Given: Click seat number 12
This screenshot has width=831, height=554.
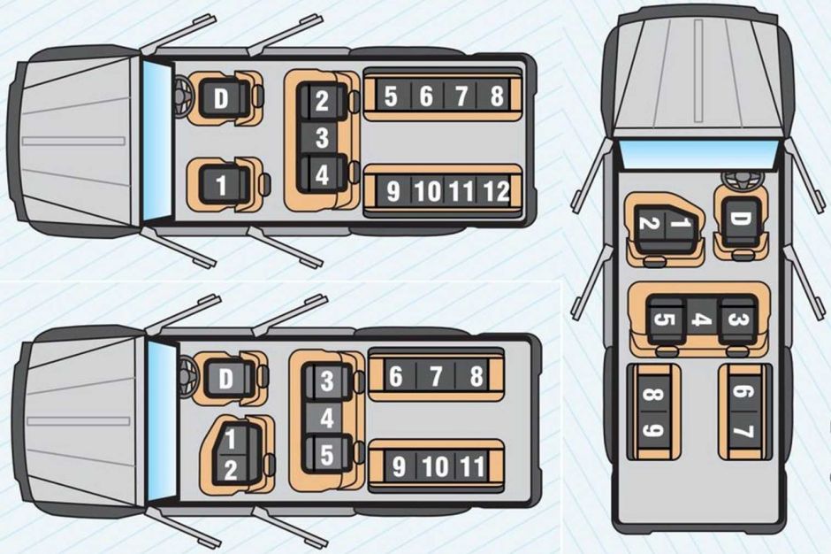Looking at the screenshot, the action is [x=496, y=191].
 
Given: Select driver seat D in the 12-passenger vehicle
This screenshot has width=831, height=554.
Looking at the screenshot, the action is [x=221, y=99].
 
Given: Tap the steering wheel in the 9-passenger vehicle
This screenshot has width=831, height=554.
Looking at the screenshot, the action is [x=741, y=180].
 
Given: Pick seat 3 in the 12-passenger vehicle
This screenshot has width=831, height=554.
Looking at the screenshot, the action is [x=322, y=137].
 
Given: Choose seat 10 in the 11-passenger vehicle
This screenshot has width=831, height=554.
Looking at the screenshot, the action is [x=436, y=467].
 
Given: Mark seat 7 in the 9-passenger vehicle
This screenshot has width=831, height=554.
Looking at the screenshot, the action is [x=743, y=429].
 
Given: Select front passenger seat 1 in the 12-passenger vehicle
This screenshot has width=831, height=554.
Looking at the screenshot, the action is [x=222, y=185].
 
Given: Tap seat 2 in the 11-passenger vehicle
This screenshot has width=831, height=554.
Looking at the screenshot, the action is [x=231, y=470].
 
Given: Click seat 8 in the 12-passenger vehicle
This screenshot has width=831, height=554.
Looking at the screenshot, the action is [x=496, y=96].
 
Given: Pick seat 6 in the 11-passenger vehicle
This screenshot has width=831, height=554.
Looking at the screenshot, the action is [x=395, y=376].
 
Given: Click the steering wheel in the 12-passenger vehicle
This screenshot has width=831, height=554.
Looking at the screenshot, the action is [x=183, y=96].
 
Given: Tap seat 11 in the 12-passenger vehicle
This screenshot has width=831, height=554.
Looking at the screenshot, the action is [x=462, y=191].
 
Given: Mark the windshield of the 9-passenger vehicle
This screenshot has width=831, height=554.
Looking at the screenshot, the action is [x=697, y=152].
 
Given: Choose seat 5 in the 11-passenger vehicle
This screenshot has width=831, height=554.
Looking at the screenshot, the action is [x=327, y=455].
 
